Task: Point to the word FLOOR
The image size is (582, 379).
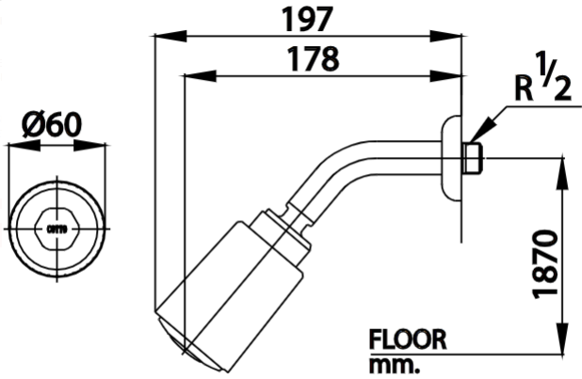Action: tap(407, 340)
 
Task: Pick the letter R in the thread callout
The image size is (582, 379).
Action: tap(525, 89)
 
